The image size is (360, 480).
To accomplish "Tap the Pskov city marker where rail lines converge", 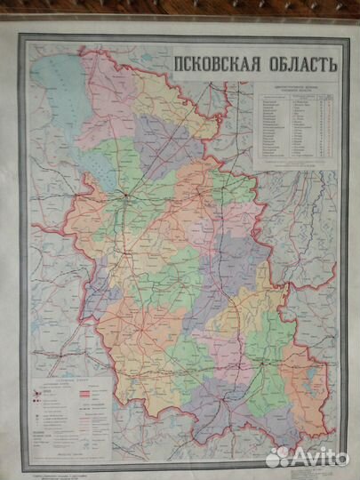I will [x=127, y=195].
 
